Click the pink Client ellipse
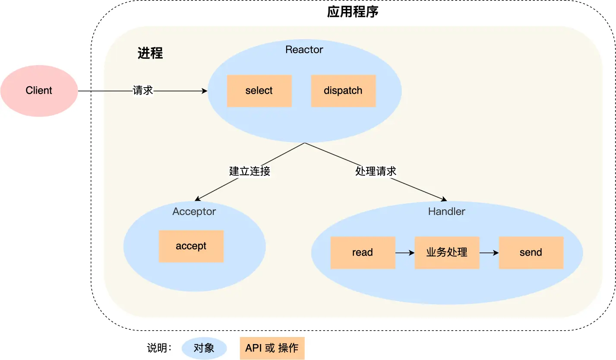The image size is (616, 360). pyautogui.click(x=39, y=91)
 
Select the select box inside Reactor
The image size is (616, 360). pyautogui.click(x=259, y=91)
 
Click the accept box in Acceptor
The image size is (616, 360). pyautogui.click(x=191, y=246)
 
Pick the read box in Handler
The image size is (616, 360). pyautogui.click(x=362, y=253)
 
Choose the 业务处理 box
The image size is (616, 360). pyautogui.click(x=447, y=253)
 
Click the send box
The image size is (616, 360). pyautogui.click(x=531, y=253)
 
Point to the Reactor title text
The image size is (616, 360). pyautogui.click(x=304, y=50)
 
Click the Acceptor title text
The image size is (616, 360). pyautogui.click(x=194, y=212)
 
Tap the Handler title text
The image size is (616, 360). pyautogui.click(x=446, y=212)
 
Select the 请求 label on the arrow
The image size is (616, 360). pyautogui.click(x=142, y=91)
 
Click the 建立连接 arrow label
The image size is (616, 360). pyautogui.click(x=250, y=171)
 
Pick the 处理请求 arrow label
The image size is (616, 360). pyautogui.click(x=376, y=171)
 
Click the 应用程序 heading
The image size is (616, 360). pyautogui.click(x=353, y=12)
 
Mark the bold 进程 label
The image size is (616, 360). pyautogui.click(x=150, y=53)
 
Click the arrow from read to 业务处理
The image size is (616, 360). pyautogui.click(x=404, y=253)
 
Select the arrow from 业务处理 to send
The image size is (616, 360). pyautogui.click(x=489, y=253)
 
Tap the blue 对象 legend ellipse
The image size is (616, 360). pyautogui.click(x=204, y=348)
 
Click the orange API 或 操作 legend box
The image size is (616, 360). pyautogui.click(x=272, y=348)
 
